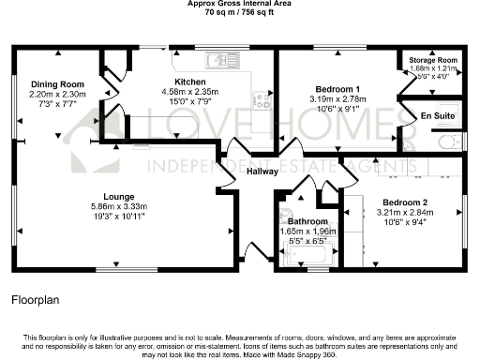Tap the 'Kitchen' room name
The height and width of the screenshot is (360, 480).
point(190,82)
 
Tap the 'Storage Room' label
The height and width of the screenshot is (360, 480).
point(431,60)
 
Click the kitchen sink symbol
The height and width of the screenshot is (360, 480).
point(216,61)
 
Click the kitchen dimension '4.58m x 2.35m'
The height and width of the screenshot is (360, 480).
point(190,92)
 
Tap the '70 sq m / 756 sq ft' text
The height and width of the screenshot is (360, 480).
point(239,13)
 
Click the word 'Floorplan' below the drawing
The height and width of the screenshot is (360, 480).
point(36,301)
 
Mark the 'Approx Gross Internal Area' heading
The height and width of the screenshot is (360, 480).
point(239,4)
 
